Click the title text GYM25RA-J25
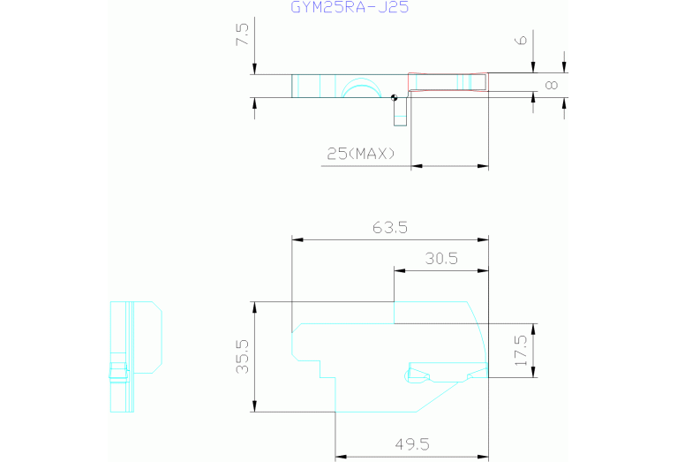click(x=350, y=7)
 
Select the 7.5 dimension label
click(x=242, y=34)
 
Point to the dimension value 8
click(x=552, y=85)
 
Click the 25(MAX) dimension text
click(x=360, y=154)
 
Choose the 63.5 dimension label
click(x=390, y=227)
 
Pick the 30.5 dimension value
click(x=441, y=259)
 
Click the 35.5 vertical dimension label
click(x=242, y=357)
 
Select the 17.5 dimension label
click(x=521, y=350)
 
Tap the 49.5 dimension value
click(x=412, y=444)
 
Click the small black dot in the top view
click(x=394, y=98)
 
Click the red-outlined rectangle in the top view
click(x=448, y=82)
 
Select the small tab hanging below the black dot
click(x=400, y=113)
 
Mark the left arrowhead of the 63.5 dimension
click(x=297, y=239)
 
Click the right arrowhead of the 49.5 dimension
click(x=483, y=457)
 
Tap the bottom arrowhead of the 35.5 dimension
click(x=254, y=406)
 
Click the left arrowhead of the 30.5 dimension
click(x=400, y=270)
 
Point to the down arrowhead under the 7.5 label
click(x=254, y=69)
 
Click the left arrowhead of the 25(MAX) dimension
click(x=417, y=165)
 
